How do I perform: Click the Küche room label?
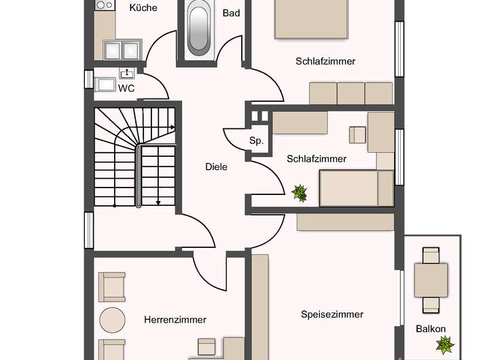[x=143, y=8]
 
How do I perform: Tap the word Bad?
[x=231, y=12]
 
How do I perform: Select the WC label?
[x=126, y=88]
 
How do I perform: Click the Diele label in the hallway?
[x=216, y=166]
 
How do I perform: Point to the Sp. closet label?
[x=256, y=141]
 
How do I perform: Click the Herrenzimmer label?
[x=175, y=319]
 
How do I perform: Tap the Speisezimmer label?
[x=332, y=314]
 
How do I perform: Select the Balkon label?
[x=431, y=329]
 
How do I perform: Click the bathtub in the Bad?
[x=199, y=28]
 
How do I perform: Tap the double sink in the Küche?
[x=122, y=50]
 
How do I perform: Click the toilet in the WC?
[x=106, y=84]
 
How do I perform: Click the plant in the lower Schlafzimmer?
[x=300, y=194]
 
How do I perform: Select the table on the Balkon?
[x=431, y=279]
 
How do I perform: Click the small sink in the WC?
[x=127, y=73]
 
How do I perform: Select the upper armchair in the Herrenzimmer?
[x=112, y=287]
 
